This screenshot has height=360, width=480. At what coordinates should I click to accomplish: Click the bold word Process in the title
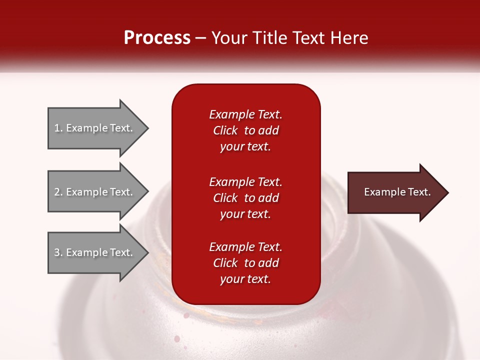(x=157, y=38)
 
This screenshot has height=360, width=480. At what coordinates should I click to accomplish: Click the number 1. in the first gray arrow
(x=58, y=128)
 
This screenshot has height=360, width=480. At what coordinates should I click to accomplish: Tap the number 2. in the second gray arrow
(x=58, y=192)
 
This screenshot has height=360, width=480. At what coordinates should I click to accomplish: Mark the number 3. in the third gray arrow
(x=58, y=252)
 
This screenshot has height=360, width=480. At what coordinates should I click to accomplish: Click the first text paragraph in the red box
(x=245, y=130)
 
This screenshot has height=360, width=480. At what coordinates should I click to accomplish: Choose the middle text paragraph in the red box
(x=245, y=198)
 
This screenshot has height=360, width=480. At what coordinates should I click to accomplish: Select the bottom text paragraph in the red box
(x=245, y=263)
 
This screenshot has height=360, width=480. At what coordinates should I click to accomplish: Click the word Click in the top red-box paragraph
(x=225, y=130)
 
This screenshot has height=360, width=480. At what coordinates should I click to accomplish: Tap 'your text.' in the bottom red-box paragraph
(x=245, y=279)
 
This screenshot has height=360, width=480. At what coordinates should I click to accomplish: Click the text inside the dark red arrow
(x=397, y=192)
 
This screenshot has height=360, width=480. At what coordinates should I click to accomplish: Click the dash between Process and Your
(x=200, y=38)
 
